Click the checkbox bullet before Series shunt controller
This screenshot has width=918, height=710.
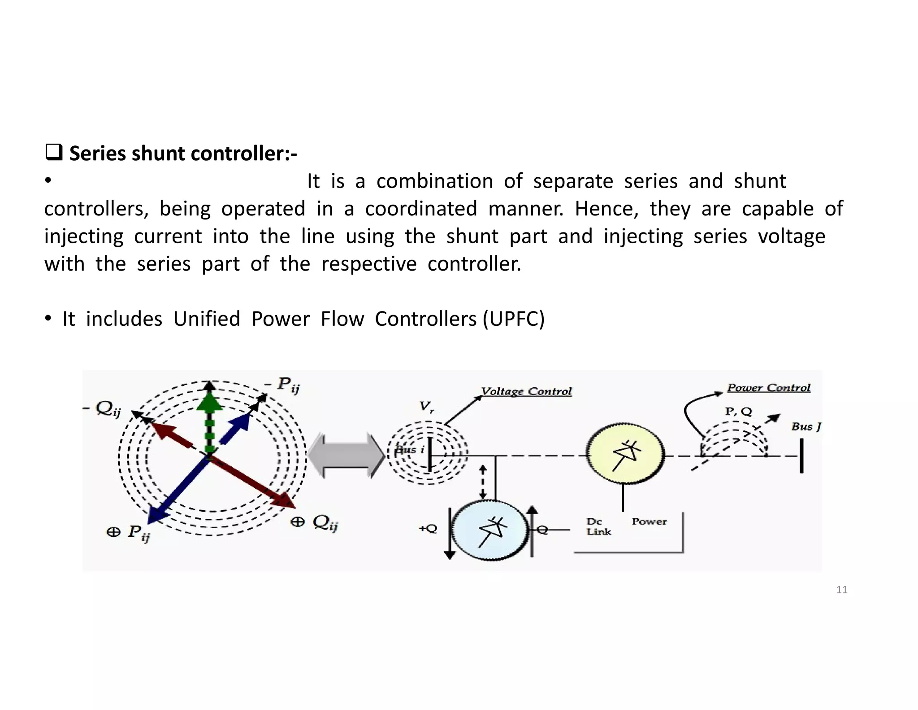click(x=53, y=153)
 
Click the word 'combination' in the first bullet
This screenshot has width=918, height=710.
click(x=434, y=181)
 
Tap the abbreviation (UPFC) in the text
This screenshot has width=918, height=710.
click(x=514, y=319)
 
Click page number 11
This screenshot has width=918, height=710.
click(x=842, y=590)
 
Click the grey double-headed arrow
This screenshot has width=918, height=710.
click(x=346, y=455)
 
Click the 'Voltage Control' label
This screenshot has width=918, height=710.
click(x=526, y=391)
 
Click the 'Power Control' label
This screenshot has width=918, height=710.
click(x=768, y=388)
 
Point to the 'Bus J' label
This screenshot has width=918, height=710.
click(x=805, y=426)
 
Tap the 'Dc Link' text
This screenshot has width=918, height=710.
click(x=598, y=526)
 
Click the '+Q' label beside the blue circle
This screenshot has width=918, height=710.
click(x=428, y=529)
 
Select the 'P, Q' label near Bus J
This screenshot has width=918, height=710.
click(x=738, y=411)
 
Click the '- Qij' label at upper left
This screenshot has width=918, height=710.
click(x=103, y=409)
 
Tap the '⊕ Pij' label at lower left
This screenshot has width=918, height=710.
click(x=129, y=533)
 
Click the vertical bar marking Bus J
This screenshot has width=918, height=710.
click(x=801, y=456)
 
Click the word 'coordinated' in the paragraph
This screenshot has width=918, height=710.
click(x=421, y=209)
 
